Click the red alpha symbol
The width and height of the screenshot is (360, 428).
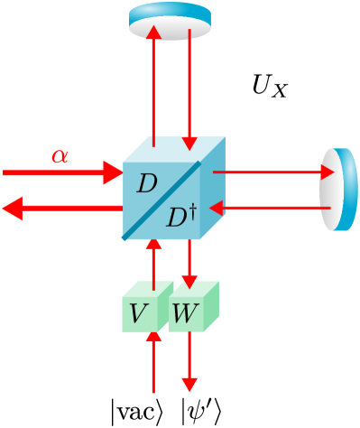click(x=60, y=156)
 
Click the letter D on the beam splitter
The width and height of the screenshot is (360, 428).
click(x=146, y=184)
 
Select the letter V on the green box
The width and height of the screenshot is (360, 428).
click(x=139, y=314)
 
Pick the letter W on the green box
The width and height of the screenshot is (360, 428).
click(x=185, y=314)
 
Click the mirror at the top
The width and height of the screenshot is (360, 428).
click(x=170, y=21)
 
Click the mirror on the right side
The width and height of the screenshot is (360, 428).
click(x=339, y=190)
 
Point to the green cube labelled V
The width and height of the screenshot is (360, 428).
click(x=145, y=308)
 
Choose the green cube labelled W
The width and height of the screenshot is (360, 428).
click(x=192, y=308)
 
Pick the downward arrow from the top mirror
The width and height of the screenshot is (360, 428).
click(x=189, y=90)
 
